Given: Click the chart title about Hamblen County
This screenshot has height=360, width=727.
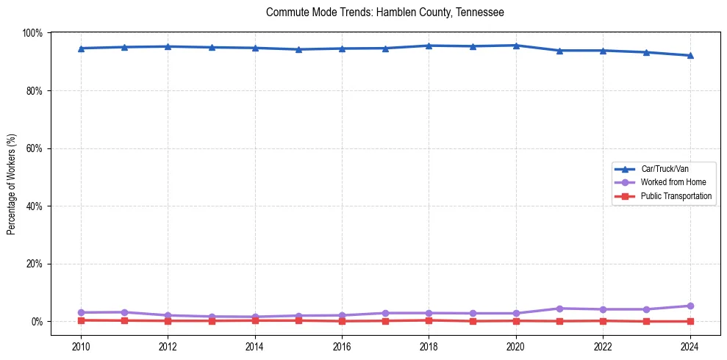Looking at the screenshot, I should click(x=384, y=12).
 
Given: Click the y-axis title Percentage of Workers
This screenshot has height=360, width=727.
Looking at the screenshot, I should click(x=11, y=184).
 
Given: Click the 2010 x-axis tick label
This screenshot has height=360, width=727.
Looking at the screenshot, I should click(x=81, y=347).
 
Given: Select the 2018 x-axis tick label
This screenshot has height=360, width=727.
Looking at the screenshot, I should click(x=429, y=347).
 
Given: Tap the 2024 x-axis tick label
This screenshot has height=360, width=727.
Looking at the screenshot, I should click(x=690, y=347).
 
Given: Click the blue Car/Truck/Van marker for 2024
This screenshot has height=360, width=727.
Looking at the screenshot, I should click(x=690, y=55).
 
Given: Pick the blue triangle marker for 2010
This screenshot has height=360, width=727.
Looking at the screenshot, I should click(x=81, y=48).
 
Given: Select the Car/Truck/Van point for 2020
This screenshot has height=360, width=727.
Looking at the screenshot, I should click(x=516, y=46).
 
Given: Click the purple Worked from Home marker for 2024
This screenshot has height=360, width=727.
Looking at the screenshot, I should click(x=690, y=306).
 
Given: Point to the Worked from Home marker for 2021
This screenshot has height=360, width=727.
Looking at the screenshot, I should click(x=559, y=309).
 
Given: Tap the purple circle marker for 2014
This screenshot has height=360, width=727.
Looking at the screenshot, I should click(x=255, y=317).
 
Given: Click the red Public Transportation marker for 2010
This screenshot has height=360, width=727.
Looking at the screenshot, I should click(x=81, y=320).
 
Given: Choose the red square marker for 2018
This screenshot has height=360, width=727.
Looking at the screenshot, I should click(x=429, y=320).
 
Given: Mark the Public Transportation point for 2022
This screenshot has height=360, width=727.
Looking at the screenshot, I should click(x=603, y=320).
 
